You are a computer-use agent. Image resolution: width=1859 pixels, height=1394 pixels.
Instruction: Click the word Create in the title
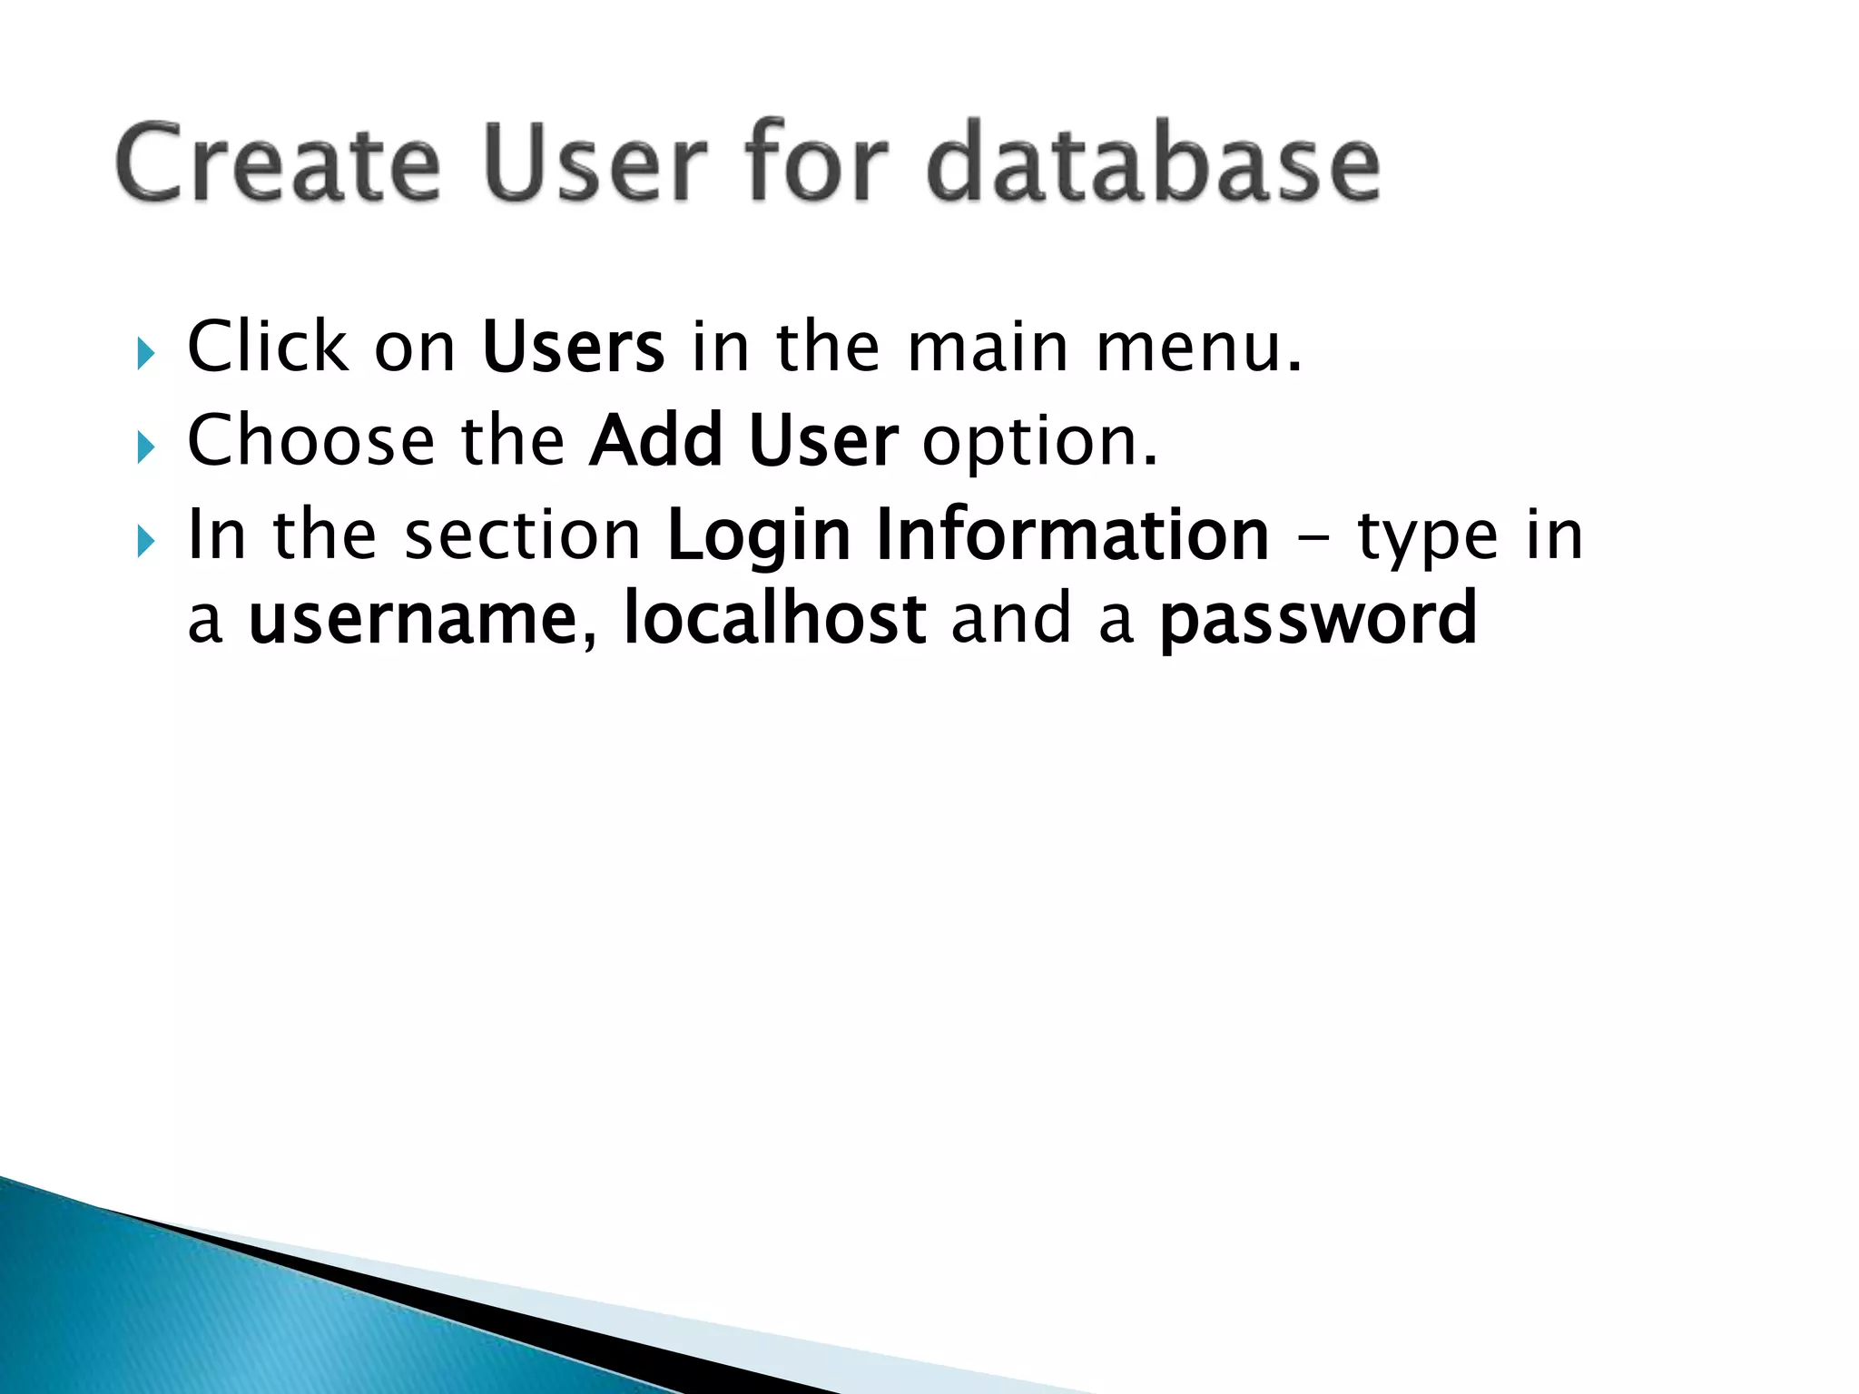tap(278, 163)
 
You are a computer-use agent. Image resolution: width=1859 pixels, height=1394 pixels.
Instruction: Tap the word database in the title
tap(1153, 163)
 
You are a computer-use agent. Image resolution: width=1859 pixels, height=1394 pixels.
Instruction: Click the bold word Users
tap(573, 347)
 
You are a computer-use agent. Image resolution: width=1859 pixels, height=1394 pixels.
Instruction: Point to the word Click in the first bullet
tap(268, 347)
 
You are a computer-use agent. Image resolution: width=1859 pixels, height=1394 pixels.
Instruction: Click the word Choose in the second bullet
tap(310, 441)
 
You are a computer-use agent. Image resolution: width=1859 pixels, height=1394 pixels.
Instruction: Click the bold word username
tap(413, 619)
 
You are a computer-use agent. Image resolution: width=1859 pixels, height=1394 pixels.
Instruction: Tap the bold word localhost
tap(774, 619)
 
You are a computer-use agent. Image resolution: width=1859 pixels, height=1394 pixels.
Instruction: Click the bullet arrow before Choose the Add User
tap(145, 447)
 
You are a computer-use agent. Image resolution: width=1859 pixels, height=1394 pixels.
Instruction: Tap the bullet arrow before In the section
tap(145, 542)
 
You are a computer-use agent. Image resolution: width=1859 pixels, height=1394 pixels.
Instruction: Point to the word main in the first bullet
tap(988, 347)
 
